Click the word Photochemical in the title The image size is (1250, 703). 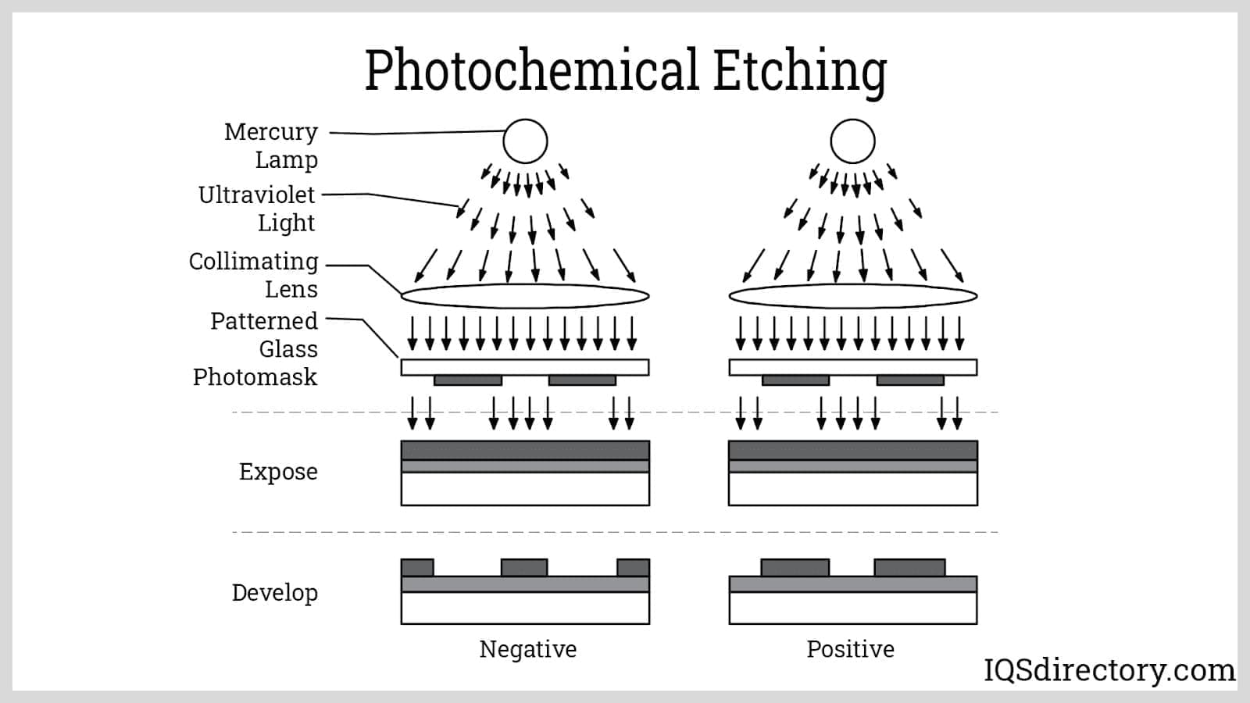pos(531,70)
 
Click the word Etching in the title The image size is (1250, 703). pos(800,70)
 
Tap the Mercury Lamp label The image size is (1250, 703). pos(271,145)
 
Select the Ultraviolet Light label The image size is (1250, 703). pos(257,209)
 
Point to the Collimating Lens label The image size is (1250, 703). pos(254,275)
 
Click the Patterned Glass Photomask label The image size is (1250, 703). pos(255,348)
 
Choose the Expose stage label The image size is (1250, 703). pos(278,472)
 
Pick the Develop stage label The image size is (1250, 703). pos(275,593)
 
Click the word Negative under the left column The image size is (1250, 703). pos(528,649)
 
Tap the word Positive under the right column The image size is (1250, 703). pos(850,649)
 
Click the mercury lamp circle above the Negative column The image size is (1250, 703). pos(525,141)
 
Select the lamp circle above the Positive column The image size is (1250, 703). pos(852,141)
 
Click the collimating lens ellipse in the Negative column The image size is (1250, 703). pos(525,296)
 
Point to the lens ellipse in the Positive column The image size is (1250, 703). pos(852,296)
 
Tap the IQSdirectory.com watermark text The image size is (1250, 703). pos(1109,670)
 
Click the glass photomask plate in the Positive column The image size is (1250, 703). pos(852,367)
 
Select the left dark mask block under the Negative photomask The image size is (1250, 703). pos(468,380)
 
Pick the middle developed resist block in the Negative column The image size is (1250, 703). pos(524,567)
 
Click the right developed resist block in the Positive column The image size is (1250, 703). pos(909,567)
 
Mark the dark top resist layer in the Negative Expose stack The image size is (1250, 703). pos(525,450)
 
